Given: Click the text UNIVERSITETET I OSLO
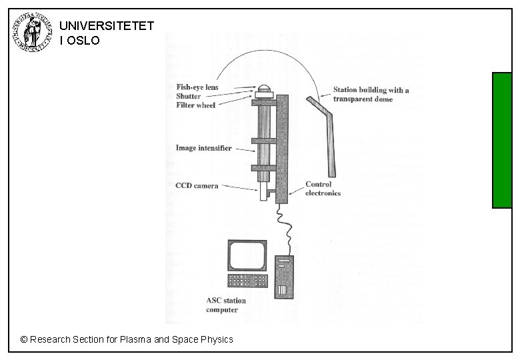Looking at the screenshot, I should (106, 33).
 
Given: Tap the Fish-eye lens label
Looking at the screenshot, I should (197, 87).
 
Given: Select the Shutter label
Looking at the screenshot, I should (188, 96).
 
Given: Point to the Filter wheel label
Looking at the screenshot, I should (195, 105).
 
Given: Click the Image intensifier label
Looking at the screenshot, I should (203, 148).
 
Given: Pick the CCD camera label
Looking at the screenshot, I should (196, 186).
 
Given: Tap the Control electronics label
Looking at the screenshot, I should (323, 189).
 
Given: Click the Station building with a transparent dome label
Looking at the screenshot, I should (371, 95).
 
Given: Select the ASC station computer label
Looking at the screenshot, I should (225, 305).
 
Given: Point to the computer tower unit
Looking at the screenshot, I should (285, 277).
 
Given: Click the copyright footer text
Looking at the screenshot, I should (127, 339).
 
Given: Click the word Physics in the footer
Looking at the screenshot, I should (217, 339).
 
